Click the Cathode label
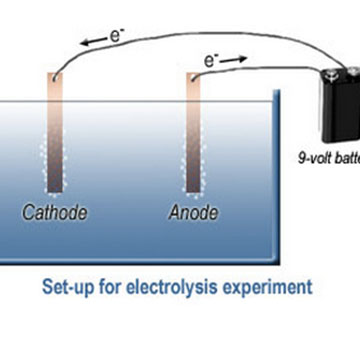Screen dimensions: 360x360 tap(56, 213)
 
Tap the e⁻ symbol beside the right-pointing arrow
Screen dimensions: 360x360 tap(211, 62)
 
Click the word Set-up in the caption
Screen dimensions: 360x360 tap(69, 287)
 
